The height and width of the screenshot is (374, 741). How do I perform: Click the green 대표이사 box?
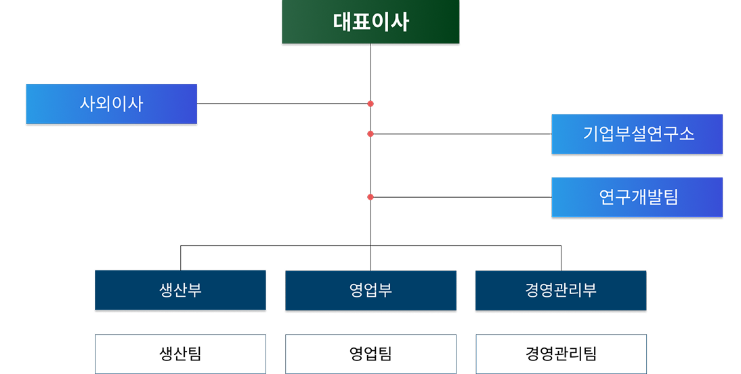pyautogui.click(x=370, y=22)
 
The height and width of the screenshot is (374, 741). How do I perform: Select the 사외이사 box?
pyautogui.click(x=112, y=104)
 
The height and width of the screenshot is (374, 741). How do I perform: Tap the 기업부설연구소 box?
pyautogui.click(x=637, y=133)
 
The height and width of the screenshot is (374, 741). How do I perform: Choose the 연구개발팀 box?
pyautogui.click(x=637, y=197)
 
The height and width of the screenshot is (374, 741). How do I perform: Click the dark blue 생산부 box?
pyautogui.click(x=181, y=290)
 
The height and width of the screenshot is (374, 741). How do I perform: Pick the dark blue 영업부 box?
pyautogui.click(x=371, y=290)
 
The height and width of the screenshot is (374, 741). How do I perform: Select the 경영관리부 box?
pyautogui.click(x=561, y=290)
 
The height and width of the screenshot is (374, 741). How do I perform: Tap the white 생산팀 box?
pyautogui.click(x=181, y=354)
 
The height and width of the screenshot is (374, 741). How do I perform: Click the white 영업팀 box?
pyautogui.click(x=371, y=354)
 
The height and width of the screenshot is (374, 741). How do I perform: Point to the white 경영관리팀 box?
pyautogui.click(x=561, y=354)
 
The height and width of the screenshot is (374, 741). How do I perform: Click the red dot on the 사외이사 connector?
pyautogui.click(x=370, y=104)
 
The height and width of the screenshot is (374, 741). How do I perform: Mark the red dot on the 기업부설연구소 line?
pyautogui.click(x=370, y=133)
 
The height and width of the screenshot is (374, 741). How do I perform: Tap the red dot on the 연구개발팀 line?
pyautogui.click(x=370, y=197)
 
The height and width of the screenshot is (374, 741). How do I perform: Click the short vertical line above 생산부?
pyautogui.click(x=181, y=258)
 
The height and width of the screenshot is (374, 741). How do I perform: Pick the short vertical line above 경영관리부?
pyautogui.click(x=561, y=258)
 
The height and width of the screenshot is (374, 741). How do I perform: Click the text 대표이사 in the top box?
pyautogui.click(x=370, y=22)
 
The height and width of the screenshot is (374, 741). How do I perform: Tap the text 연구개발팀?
pyautogui.click(x=639, y=197)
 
